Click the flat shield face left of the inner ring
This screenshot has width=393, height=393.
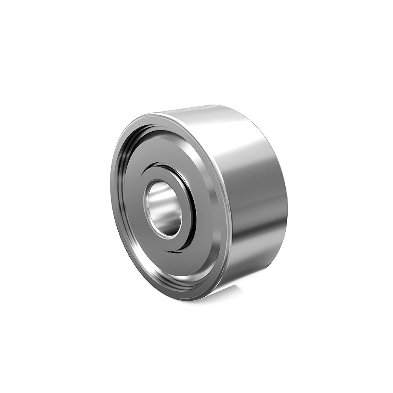coord(132,204)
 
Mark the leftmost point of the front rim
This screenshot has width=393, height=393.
coord(111,196)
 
